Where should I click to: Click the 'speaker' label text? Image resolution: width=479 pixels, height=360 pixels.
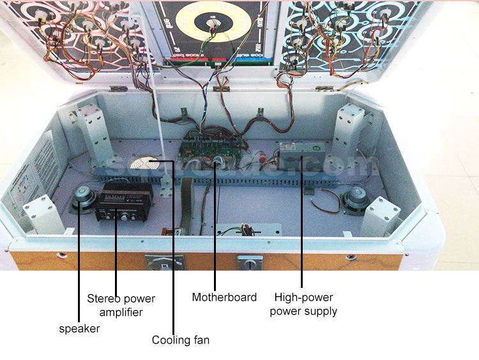[79, 329]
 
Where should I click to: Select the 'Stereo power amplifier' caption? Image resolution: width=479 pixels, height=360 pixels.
[121, 305]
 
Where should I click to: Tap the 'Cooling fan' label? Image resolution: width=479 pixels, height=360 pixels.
[180, 340]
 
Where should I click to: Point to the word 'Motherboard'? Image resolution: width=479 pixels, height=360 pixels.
[224, 297]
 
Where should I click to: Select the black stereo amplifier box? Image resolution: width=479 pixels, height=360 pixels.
[124, 202]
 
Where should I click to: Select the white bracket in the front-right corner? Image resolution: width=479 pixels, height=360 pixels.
[381, 216]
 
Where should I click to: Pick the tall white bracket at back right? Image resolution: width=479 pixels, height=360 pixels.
[347, 132]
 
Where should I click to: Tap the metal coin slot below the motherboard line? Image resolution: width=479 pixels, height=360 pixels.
[250, 262]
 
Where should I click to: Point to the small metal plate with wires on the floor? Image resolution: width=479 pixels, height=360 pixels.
[248, 230]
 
